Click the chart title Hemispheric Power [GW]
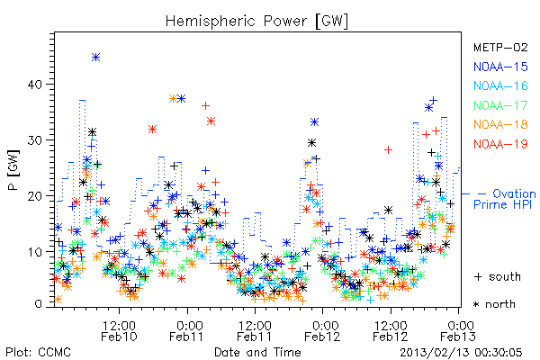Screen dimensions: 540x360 [x=256, y=21]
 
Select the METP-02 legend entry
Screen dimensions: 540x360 [x=500, y=47]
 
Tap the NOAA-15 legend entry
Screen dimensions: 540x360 [x=500, y=67]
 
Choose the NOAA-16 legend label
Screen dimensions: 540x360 [x=500, y=85]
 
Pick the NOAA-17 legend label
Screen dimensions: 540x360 [x=500, y=105]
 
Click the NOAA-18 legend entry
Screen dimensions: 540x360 [x=500, y=124]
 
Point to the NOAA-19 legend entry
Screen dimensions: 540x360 [x=500, y=144]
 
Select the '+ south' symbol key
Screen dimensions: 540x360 [x=498, y=276]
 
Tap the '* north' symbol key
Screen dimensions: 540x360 [x=494, y=304]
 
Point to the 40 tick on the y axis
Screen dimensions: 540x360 [x=35, y=85]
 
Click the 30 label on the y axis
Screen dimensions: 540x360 [x=35, y=140]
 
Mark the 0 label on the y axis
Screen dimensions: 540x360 [x=39, y=304]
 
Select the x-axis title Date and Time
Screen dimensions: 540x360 [x=257, y=352]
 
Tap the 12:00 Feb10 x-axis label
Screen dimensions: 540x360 [x=119, y=330]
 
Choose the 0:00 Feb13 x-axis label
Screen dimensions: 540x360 [x=458, y=330]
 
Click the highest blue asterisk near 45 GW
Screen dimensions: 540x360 [x=95, y=58]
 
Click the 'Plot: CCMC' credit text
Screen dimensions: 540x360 [x=38, y=352]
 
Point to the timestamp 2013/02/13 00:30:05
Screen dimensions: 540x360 [x=461, y=353]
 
